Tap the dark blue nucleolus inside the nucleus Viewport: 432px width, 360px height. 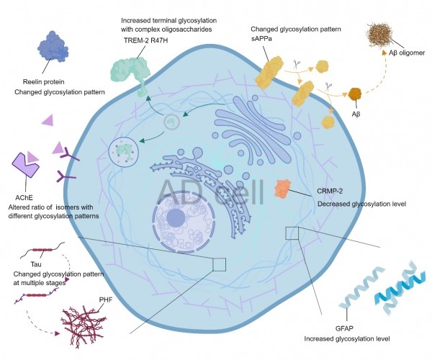[x=176, y=220]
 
